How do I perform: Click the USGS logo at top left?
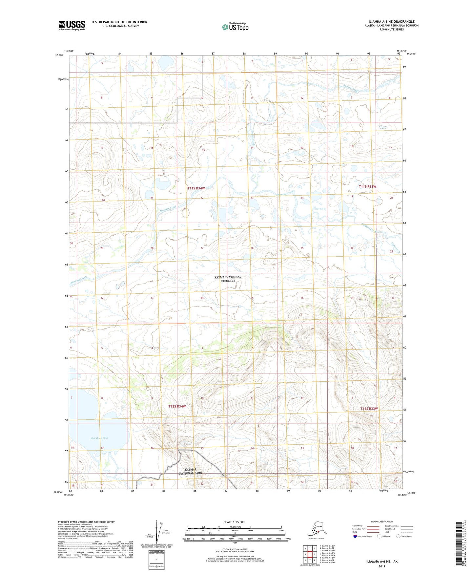72,25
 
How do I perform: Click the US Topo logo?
236,27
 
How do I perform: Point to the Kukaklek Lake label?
99,438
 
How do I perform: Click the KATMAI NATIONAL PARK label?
190,471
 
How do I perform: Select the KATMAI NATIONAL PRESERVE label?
228,279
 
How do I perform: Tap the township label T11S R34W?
196,188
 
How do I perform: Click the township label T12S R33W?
369,409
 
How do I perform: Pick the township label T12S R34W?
177,406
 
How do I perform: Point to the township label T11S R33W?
367,186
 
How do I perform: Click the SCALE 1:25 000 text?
234,522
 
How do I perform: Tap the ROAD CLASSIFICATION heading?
382,521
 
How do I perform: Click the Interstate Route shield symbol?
355,536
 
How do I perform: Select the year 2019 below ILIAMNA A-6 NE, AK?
382,566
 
